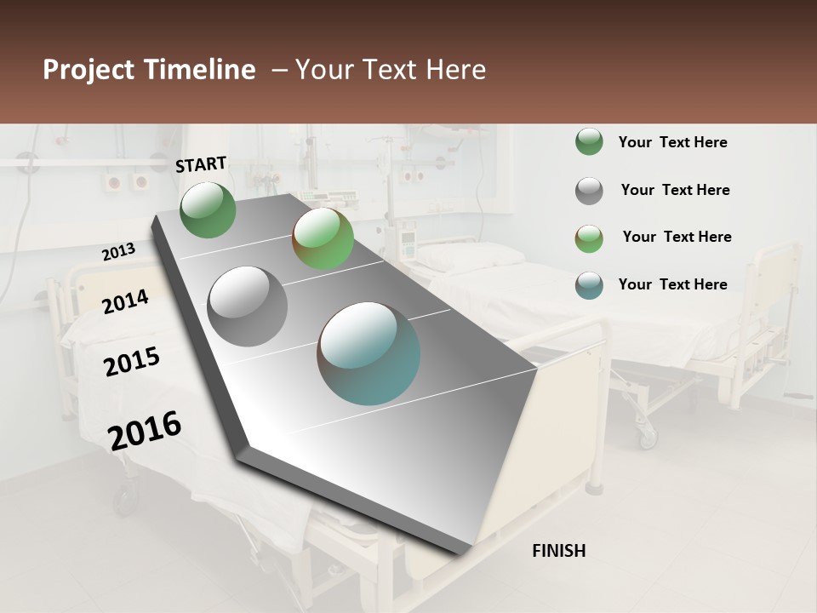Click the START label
coord(201,164)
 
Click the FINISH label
coord(558,551)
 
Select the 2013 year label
coord(118,252)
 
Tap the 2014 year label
coord(125,301)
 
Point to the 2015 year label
coord(132,362)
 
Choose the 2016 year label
coord(145,430)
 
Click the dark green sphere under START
coord(208,209)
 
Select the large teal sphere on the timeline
coord(369,353)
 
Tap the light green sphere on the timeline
coord(323,238)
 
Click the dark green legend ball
coord(589,142)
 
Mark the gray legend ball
coord(589,191)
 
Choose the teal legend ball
coord(589,284)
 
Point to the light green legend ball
coord(589,238)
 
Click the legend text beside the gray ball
coord(675,190)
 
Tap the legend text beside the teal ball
coord(672,284)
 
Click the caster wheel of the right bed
coord(648,437)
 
